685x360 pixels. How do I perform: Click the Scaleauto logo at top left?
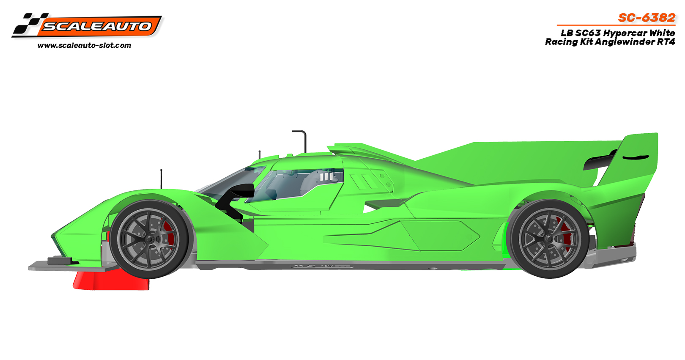point(87,25)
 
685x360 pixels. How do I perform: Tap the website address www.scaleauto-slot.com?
point(85,46)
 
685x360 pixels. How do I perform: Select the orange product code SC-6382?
point(647,18)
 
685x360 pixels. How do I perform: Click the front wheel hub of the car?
point(149,239)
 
